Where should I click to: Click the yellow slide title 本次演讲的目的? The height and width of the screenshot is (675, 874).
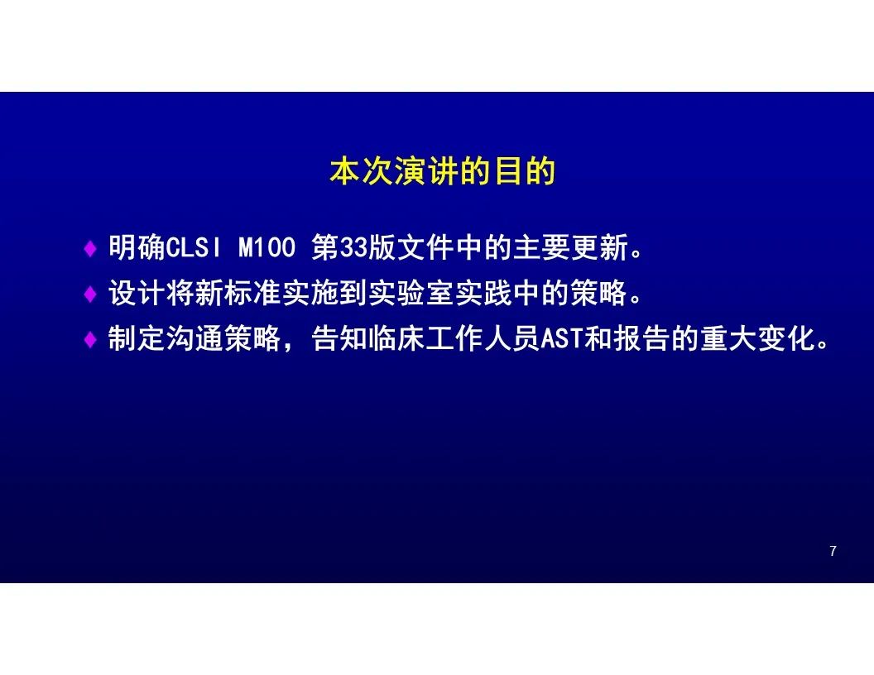coord(443,171)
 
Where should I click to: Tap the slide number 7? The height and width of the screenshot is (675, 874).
coord(833,551)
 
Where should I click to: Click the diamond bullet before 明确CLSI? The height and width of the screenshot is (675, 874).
coord(89,248)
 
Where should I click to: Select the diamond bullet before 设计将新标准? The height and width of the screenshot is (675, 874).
coord(89,294)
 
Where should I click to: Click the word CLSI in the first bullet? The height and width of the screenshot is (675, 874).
coord(194,247)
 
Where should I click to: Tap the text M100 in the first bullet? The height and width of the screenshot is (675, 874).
coord(267,247)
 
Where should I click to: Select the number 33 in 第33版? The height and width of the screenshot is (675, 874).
coord(353,247)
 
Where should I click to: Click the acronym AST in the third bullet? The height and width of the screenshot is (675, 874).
coord(563,338)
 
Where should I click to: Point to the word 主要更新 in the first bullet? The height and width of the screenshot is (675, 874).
coord(571,247)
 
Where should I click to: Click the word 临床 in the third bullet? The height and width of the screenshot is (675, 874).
coord(397,338)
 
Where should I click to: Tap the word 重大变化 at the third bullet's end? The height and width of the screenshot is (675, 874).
coord(757,338)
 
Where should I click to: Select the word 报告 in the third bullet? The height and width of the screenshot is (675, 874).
coord(642,338)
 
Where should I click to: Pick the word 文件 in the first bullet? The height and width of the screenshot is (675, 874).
coord(426,247)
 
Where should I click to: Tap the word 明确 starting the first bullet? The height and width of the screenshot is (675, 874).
coord(137,247)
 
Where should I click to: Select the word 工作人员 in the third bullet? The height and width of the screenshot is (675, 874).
coord(484,338)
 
